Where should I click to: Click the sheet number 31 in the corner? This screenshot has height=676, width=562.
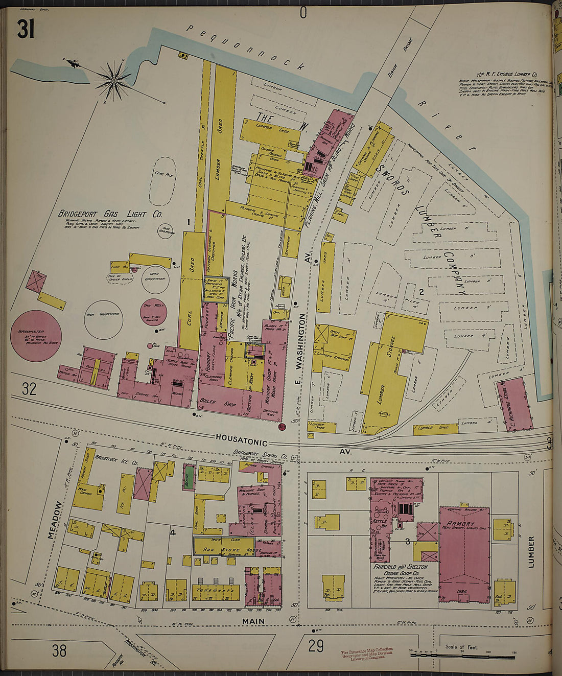26,30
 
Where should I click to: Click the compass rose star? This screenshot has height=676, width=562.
113,80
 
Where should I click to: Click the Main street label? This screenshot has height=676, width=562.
253,621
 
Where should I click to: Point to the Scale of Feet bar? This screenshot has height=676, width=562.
462,655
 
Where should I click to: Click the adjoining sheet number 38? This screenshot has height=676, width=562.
59,650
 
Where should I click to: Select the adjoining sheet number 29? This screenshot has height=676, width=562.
316,646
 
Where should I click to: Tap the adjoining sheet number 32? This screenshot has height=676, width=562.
29,389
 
